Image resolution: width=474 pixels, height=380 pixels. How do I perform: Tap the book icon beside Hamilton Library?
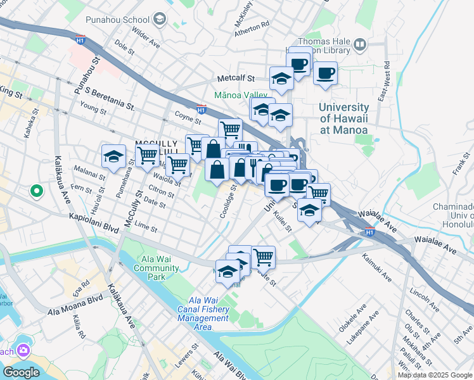(x=360, y=44)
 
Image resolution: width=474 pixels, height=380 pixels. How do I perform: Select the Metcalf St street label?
(x=235, y=79)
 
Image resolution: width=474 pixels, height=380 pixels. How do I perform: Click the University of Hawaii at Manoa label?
(x=343, y=118)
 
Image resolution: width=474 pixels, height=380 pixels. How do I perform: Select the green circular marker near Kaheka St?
(x=36, y=190)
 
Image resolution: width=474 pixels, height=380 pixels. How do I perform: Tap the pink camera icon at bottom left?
(x=23, y=350)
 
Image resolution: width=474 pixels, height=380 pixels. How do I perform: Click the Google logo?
(x=21, y=372)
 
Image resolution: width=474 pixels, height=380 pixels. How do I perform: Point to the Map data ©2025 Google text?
(x=435, y=375)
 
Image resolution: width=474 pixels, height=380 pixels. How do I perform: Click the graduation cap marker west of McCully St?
(x=113, y=156)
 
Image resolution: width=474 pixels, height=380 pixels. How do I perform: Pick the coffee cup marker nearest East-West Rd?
(x=325, y=72)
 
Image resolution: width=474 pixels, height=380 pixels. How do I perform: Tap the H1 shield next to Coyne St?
(x=201, y=109)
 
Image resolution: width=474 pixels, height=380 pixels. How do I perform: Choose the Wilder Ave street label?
(x=146, y=40)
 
